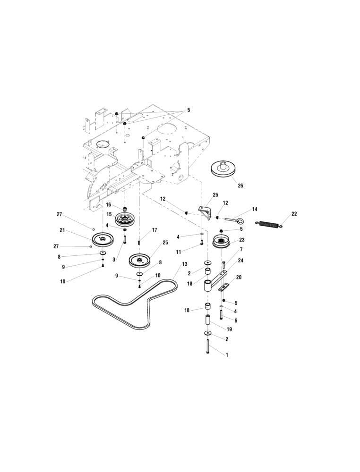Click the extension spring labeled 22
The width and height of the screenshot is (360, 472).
[x=269, y=224]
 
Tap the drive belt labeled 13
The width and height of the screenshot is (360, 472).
[x=135, y=303]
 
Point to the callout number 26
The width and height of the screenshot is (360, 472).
[x=240, y=185]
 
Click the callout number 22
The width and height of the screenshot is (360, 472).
[x=294, y=214]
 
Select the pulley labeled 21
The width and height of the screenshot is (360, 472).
[x=103, y=239]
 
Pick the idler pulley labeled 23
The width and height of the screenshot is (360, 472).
[x=221, y=241]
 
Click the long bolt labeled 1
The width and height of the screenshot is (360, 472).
[x=207, y=346]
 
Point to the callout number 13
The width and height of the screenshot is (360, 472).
[x=184, y=264]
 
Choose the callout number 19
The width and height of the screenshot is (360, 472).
[x=229, y=329]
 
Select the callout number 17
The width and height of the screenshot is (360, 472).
[x=154, y=230]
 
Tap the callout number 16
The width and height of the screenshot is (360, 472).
[x=109, y=205]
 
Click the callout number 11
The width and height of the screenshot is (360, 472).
[x=178, y=252]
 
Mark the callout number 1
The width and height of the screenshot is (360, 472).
[x=227, y=355]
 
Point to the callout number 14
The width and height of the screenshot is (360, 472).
[x=255, y=209]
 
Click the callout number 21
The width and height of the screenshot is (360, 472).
[x=62, y=230]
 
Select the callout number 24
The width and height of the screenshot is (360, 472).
[x=240, y=261]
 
